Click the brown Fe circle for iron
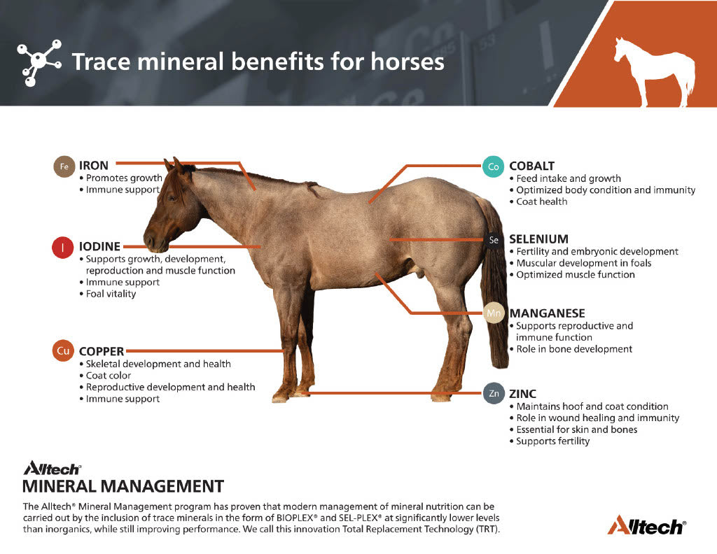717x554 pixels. pos(64,166)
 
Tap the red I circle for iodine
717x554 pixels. pos(62,248)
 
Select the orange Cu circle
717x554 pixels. pos(63,350)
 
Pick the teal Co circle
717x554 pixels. pos(493,166)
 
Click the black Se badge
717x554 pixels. pos(494,240)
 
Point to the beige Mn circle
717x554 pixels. pos(494,313)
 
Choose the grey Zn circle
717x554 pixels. pos(494,393)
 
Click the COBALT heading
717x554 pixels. pos(532,166)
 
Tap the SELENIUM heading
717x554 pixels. pos(538,239)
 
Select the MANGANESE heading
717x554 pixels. pos(548,313)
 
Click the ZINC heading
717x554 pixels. pos(522,394)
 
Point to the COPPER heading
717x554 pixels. pos(102,351)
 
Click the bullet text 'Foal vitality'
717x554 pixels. pos(111,294)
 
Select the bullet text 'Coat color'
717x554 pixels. pos(109,376)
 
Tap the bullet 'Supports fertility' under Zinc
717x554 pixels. pos(553,441)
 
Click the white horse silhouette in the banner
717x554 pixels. pos(654,72)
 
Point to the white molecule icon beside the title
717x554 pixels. pos(39,62)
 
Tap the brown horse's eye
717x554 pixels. pos(172,198)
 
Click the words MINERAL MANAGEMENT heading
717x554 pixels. pos(123,486)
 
